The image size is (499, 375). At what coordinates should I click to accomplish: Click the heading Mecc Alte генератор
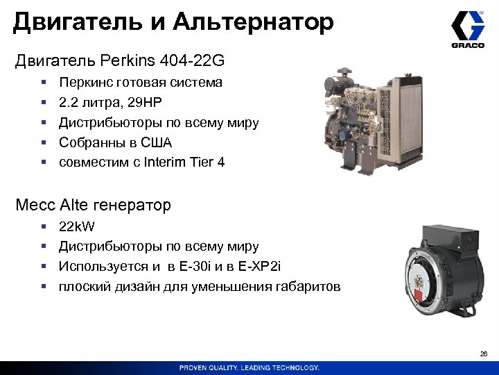pos(93,206)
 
